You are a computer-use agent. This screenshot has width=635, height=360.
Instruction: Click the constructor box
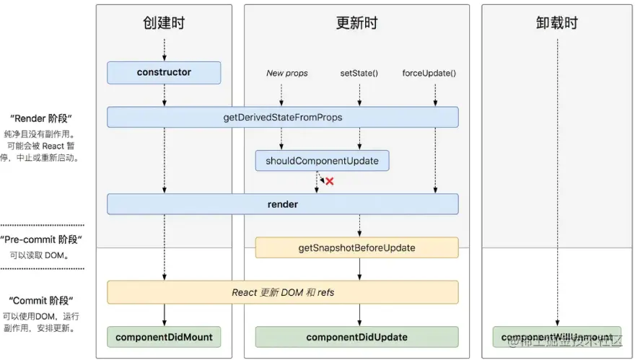point(164,72)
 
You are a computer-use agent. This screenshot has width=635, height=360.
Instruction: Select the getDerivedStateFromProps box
point(283,117)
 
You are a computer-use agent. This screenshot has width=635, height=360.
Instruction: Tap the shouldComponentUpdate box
point(322,160)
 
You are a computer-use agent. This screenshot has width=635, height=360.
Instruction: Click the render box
point(283,204)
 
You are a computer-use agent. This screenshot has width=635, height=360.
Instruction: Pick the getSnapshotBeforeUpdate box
point(356,247)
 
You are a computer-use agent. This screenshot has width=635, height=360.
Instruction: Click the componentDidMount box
point(164,337)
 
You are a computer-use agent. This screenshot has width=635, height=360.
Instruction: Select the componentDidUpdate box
point(356,337)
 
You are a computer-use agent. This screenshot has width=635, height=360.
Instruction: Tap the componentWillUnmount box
point(556,337)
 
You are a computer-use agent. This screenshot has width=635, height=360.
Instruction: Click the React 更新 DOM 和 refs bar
point(283,292)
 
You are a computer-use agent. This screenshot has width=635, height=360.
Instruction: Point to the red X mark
point(330,181)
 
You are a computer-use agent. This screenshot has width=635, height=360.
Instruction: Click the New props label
point(286,73)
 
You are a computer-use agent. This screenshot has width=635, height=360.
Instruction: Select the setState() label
point(359,73)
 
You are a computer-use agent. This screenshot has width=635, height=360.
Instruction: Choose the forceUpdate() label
point(429,73)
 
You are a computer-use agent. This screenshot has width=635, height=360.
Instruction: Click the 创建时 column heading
point(164,23)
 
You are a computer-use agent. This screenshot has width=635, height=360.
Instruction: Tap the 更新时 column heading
point(356,23)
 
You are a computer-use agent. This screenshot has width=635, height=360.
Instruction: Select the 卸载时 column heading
point(557,23)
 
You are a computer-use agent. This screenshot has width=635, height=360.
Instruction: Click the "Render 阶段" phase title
point(41,118)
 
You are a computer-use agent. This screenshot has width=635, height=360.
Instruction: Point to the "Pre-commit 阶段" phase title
point(41,240)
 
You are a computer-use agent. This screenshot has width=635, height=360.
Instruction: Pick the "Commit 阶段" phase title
point(41,300)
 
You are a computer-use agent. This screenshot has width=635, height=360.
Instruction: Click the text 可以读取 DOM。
point(41,255)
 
